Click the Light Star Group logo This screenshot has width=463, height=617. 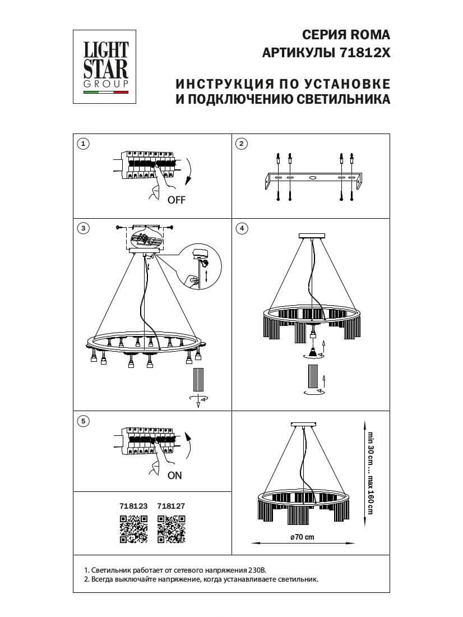point(106,67)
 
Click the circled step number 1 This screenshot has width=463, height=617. point(84,144)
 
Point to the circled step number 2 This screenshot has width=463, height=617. point(241,144)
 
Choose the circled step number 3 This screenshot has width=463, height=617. point(84,228)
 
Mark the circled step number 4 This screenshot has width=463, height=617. point(241,228)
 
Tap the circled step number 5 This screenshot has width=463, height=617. point(84,420)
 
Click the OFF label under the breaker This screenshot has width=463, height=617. point(176,200)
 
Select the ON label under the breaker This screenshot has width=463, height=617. point(175,476)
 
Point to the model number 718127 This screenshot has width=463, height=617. point(171,505)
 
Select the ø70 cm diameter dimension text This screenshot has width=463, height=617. point(302,536)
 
